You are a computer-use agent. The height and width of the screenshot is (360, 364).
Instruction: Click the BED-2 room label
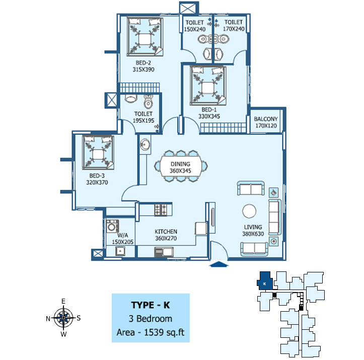143,63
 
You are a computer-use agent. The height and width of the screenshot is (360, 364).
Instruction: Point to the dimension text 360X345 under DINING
180,172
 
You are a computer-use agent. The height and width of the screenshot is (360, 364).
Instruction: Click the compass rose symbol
63,317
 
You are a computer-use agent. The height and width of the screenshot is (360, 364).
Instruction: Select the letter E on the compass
63,301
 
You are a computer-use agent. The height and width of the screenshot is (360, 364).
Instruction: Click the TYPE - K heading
150,306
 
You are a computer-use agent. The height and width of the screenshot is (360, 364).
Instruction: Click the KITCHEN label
166,232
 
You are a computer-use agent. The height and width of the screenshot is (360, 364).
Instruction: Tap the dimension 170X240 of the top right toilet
234,29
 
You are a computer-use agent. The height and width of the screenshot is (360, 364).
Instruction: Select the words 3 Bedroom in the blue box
150,319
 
